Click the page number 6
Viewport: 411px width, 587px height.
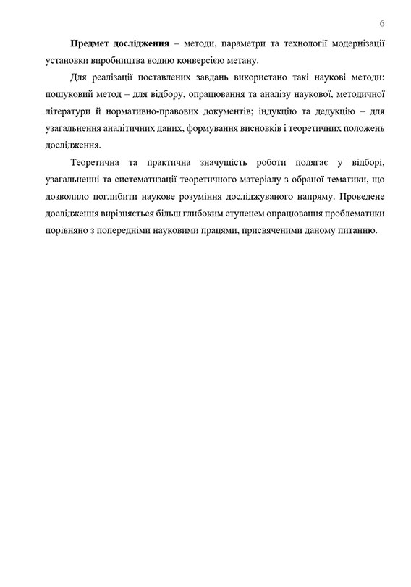(381, 22)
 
